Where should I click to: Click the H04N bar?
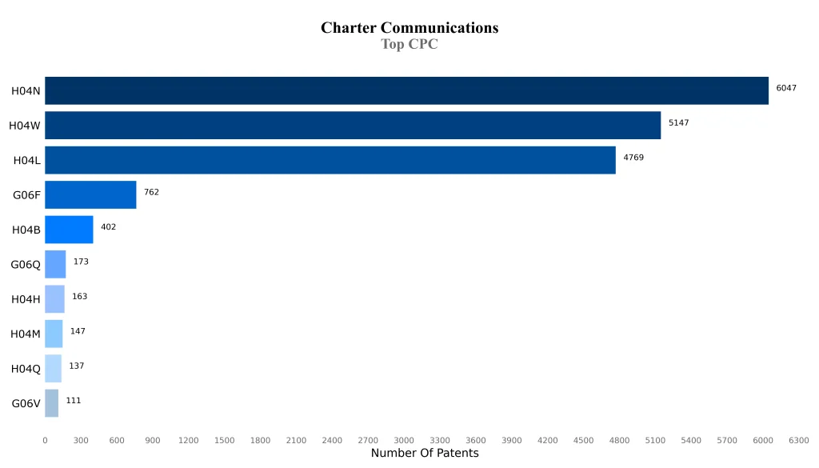coord(406,90)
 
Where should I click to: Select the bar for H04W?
coord(353,125)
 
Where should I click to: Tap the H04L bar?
coord(330,160)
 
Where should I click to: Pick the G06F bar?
coord(90,194)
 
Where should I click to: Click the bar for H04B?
coord(69,230)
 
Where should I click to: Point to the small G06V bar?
coord(51,403)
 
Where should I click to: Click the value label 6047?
coord(786,88)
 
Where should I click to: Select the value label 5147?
coord(678,123)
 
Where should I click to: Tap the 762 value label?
coord(151,192)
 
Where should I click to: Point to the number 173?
coord(81,262)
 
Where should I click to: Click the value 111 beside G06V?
coord(74,401)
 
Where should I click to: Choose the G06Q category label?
coord(26,265)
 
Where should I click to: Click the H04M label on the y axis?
coord(26,334)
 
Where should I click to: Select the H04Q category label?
coord(26,369)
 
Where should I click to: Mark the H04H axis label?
coord(26,299)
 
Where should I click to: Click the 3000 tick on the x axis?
coord(404,441)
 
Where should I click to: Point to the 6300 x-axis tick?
coord(799,441)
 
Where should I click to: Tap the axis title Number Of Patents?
coord(425,454)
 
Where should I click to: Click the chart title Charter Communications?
coord(409,28)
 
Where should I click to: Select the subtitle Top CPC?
coord(409,45)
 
